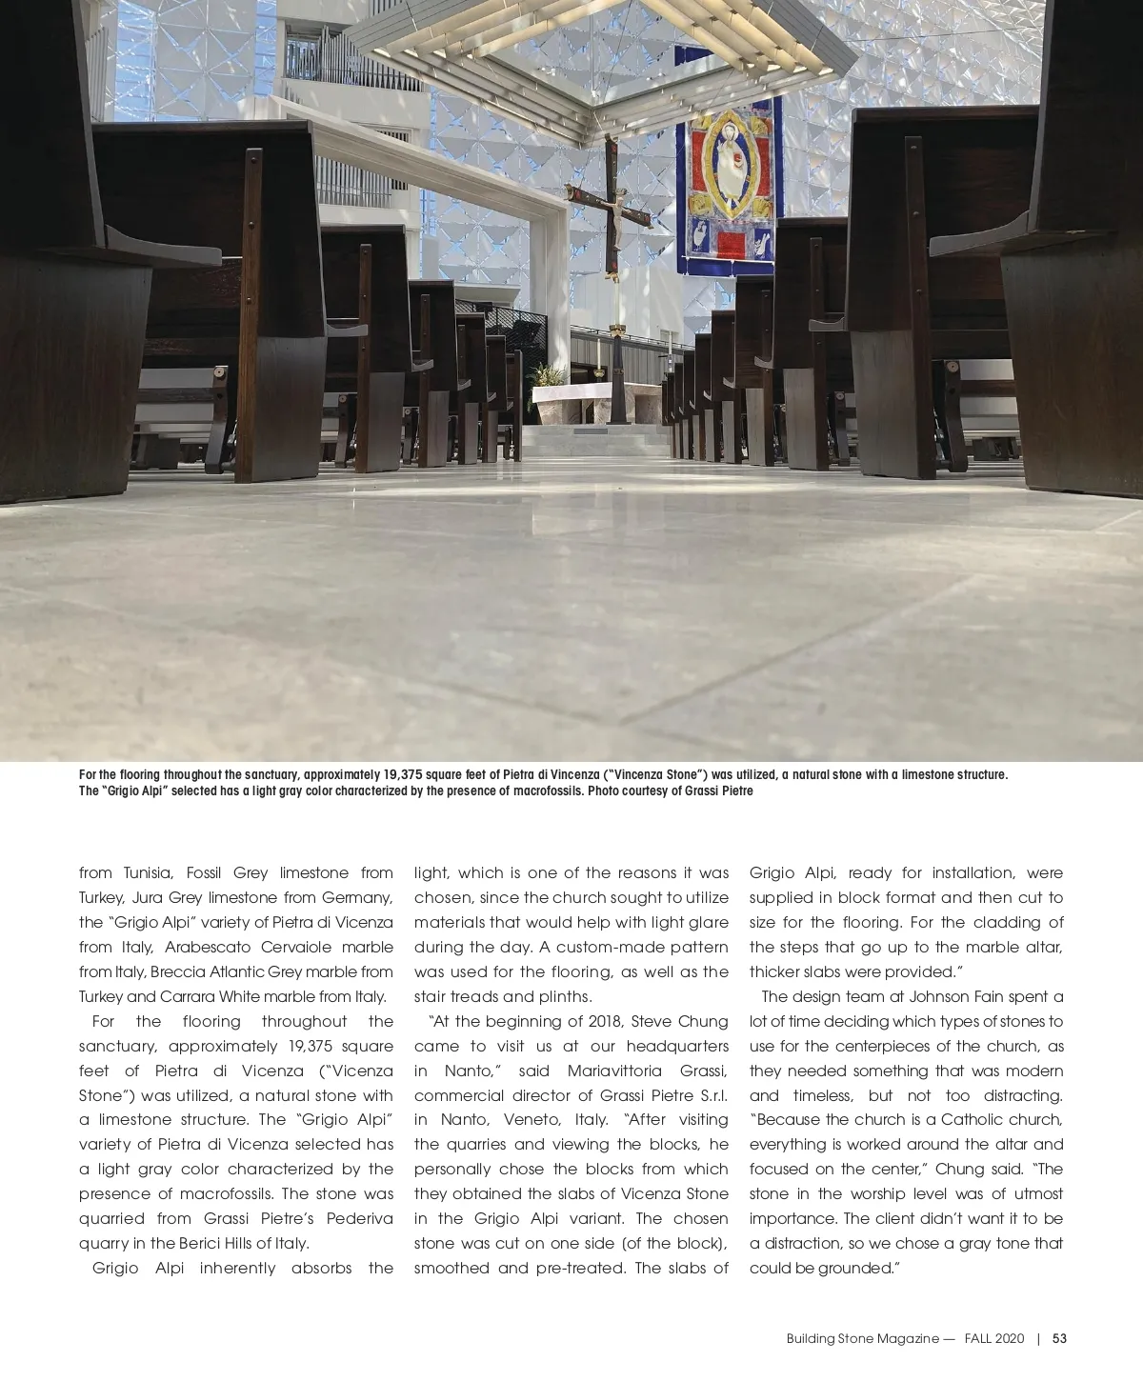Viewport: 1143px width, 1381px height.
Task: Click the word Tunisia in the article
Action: [149, 872]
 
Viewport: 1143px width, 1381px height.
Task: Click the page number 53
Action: [1059, 1338]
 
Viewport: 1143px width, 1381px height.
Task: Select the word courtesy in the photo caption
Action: [654, 791]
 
